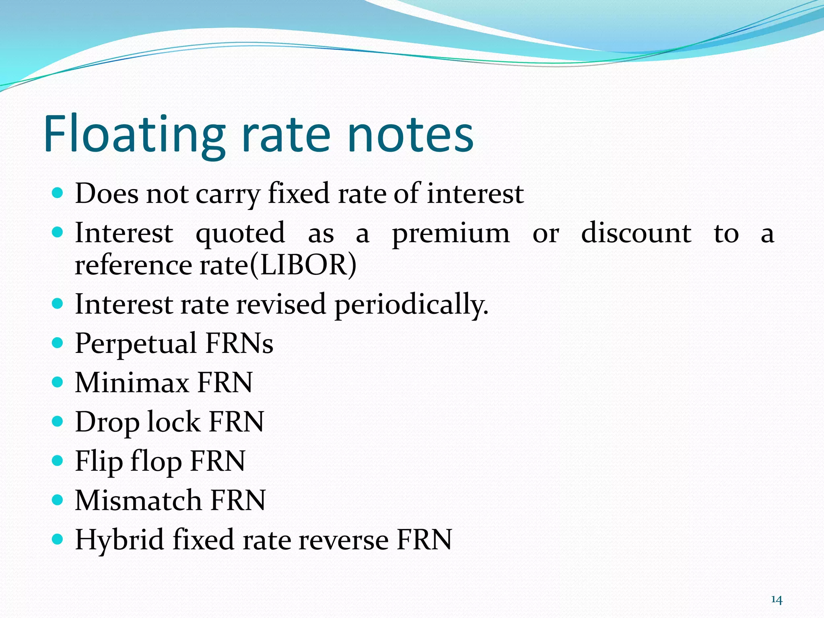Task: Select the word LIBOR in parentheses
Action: (303, 265)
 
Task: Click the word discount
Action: (636, 233)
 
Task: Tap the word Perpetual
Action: (136, 344)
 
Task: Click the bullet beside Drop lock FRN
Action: (58, 422)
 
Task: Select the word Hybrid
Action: (119, 540)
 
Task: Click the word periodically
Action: (411, 305)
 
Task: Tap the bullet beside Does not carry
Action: (58, 193)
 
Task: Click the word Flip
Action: (99, 461)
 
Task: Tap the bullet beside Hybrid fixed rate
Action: (58, 539)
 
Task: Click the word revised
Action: (281, 304)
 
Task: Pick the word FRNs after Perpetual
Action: (239, 344)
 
